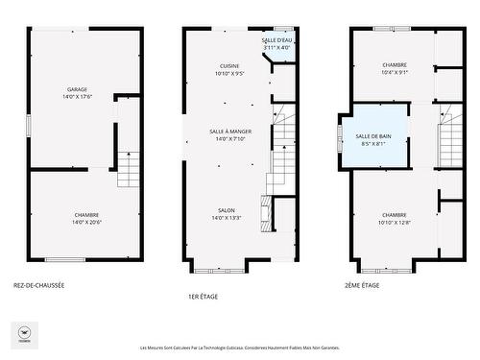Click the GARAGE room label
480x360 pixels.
[x=77, y=89]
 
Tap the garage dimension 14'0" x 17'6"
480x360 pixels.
[x=77, y=97]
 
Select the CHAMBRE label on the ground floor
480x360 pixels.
[x=86, y=214]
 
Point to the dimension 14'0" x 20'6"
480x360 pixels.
[x=86, y=223]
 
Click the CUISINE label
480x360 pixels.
[x=229, y=65]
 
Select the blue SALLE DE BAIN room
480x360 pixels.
[x=372, y=140]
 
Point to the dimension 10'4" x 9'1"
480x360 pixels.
[x=395, y=72]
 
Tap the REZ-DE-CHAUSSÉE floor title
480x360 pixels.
[x=39, y=285]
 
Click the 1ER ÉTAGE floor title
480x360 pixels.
[x=203, y=296]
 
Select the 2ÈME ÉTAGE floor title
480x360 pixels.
[x=362, y=285]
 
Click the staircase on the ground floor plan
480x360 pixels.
[x=129, y=170]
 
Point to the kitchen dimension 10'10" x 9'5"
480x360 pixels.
[x=229, y=73]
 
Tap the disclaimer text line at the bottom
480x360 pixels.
[x=240, y=348]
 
